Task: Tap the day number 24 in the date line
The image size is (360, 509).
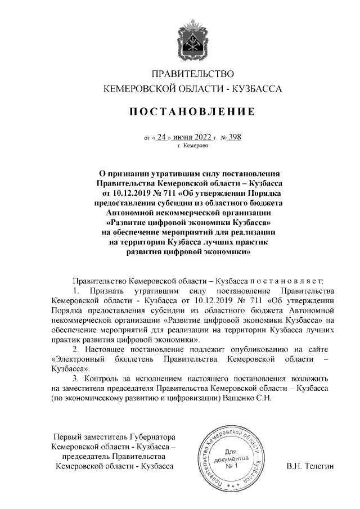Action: [163, 136]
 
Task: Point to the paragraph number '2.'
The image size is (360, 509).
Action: [76, 349]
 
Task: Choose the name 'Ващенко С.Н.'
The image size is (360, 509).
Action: [248, 398]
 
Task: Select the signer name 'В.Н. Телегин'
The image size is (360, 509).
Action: [310, 466]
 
